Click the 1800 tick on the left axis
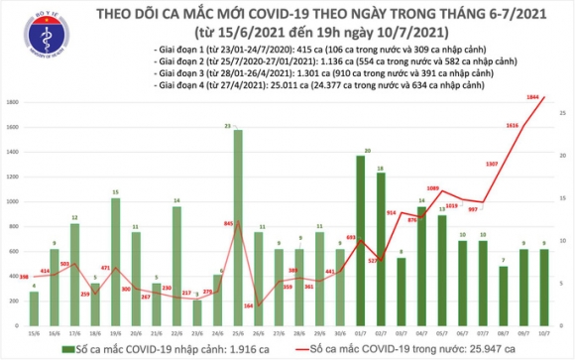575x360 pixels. [x=10, y=102]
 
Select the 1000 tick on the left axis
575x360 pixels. [x=10, y=201]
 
